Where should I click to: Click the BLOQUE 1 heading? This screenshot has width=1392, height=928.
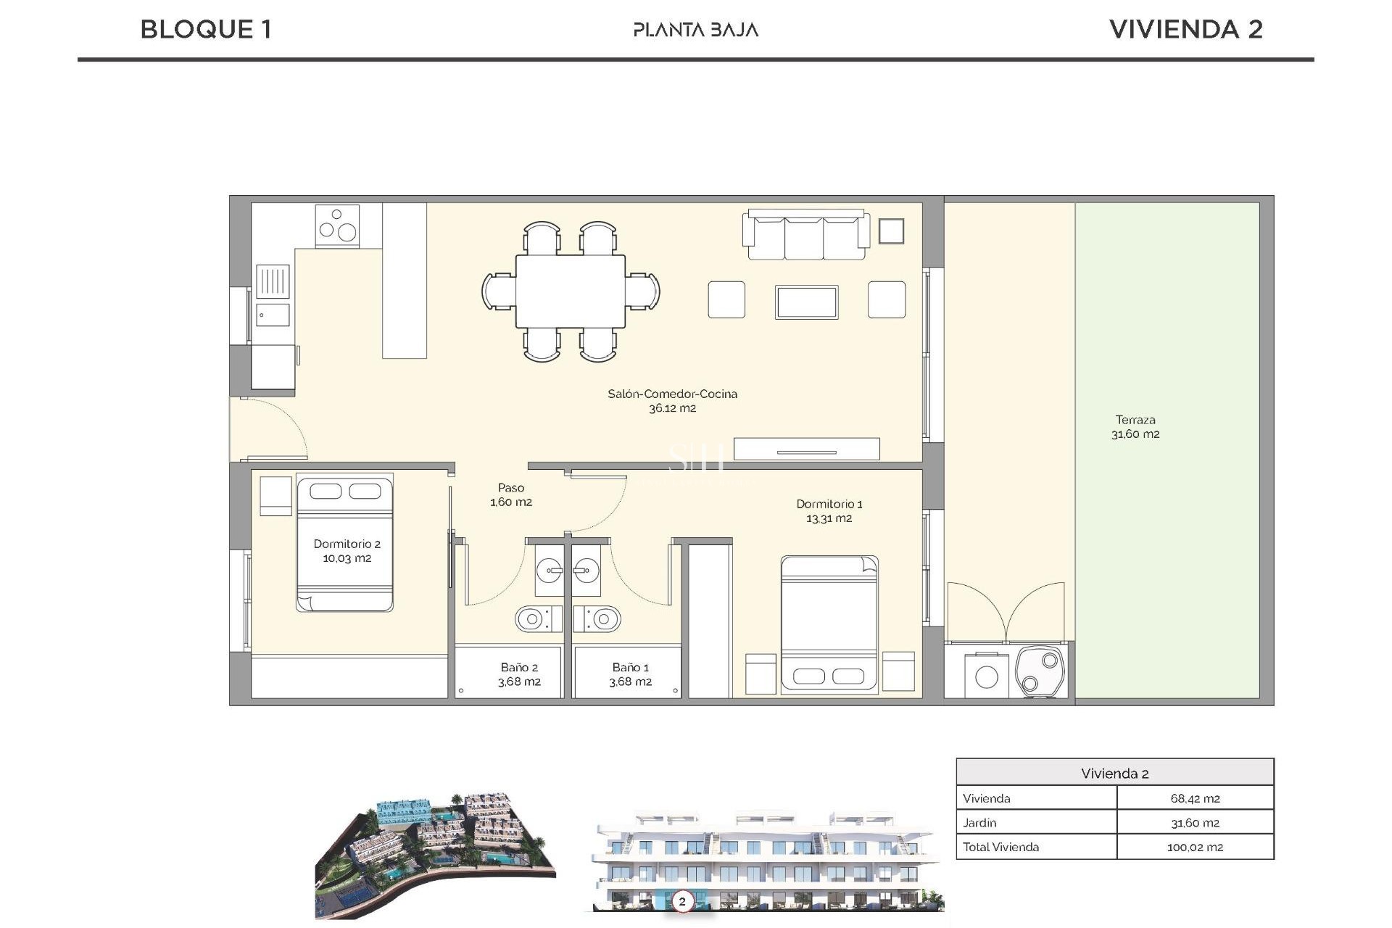pyautogui.click(x=206, y=30)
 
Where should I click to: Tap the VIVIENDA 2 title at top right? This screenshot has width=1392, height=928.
pyautogui.click(x=1185, y=30)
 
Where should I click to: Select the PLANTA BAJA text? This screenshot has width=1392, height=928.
pyautogui.click(x=695, y=30)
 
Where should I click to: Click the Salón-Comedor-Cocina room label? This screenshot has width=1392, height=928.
pyautogui.click(x=672, y=400)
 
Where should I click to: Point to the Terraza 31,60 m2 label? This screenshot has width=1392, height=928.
pyautogui.click(x=1135, y=427)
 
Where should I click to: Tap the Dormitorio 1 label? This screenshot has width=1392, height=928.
pyautogui.click(x=829, y=510)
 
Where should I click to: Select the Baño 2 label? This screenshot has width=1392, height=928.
pyautogui.click(x=519, y=674)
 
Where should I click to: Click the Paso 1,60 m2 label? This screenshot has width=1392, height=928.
pyautogui.click(x=511, y=494)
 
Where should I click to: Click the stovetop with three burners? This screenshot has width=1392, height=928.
pyautogui.click(x=337, y=225)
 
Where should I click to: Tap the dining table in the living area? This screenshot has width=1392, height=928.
pyautogui.click(x=571, y=291)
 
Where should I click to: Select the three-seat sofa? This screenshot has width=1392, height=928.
pyautogui.click(x=805, y=235)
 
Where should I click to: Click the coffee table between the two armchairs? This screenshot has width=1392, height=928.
pyautogui.click(x=806, y=302)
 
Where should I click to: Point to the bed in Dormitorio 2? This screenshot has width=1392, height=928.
pyautogui.click(x=344, y=543)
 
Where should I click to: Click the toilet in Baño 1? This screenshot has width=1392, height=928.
pyautogui.click(x=599, y=619)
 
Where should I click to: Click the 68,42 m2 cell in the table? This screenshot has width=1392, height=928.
pyautogui.click(x=1195, y=798)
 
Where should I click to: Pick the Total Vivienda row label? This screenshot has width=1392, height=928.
pyautogui.click(x=1000, y=847)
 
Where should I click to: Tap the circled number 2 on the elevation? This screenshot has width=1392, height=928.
pyautogui.click(x=681, y=902)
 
